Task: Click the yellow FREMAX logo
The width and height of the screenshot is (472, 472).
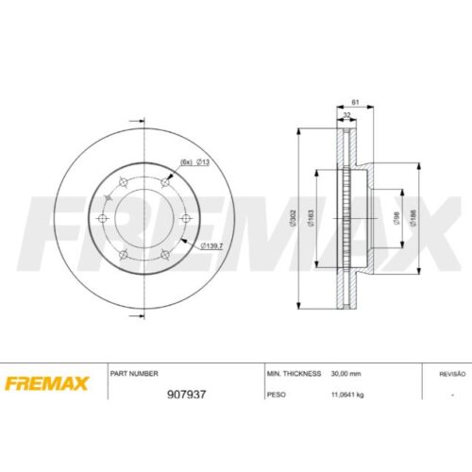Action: click(46, 383)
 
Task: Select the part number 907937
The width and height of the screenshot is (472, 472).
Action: click(186, 395)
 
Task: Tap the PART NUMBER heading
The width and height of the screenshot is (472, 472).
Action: click(134, 374)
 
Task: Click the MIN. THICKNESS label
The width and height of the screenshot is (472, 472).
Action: click(294, 374)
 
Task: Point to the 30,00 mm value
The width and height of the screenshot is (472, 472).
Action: click(346, 374)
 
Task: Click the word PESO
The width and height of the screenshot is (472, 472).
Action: click(277, 395)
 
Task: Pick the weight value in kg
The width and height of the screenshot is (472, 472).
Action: click(347, 395)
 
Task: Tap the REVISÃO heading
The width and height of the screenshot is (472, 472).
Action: click(452, 374)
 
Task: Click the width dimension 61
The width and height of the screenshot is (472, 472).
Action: click(355, 102)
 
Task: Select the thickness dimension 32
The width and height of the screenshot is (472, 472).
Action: click(346, 115)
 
